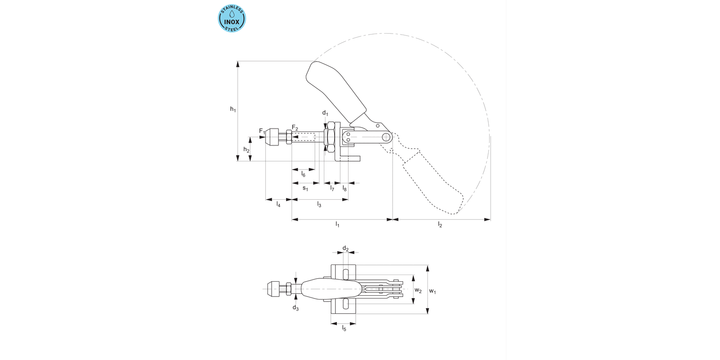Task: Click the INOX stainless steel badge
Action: point(232,18)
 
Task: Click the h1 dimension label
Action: point(233,109)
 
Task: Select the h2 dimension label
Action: point(246,150)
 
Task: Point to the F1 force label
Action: point(262,131)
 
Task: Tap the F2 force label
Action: point(295,128)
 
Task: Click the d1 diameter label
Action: point(325,113)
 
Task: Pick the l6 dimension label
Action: point(303,174)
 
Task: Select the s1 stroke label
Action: point(305,189)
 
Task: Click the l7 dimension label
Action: point(332,189)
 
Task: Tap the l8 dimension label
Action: point(345,189)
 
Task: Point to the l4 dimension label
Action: point(278,204)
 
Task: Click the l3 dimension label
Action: point(319,204)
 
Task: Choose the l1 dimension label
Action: point(337,225)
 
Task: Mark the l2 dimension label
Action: point(440,225)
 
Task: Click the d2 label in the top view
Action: point(345,248)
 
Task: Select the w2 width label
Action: point(418,290)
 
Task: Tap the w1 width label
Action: point(432,290)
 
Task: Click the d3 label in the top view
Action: point(296,308)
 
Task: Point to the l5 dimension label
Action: point(344,328)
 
